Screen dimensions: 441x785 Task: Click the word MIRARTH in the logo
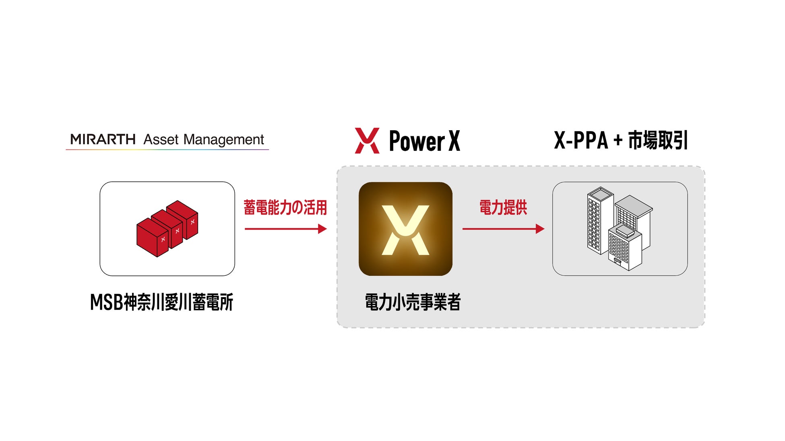point(103,139)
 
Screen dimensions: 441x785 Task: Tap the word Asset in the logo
point(161,139)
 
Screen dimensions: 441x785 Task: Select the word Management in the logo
point(223,140)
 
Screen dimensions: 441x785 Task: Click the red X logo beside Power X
point(367,141)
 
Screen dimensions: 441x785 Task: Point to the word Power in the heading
point(417,141)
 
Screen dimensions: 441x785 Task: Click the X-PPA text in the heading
point(580,140)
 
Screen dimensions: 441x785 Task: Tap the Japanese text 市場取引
point(658,140)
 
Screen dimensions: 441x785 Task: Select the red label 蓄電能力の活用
point(285,207)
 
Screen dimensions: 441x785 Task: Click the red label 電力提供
point(503,207)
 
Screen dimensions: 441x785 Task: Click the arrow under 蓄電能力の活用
point(285,229)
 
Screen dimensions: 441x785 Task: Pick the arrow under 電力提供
point(503,229)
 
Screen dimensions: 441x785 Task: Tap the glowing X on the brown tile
point(405,230)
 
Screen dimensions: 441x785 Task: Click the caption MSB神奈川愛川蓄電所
point(161,302)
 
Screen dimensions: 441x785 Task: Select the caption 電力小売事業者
point(413,302)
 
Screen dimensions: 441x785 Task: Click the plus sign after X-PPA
point(618,140)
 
